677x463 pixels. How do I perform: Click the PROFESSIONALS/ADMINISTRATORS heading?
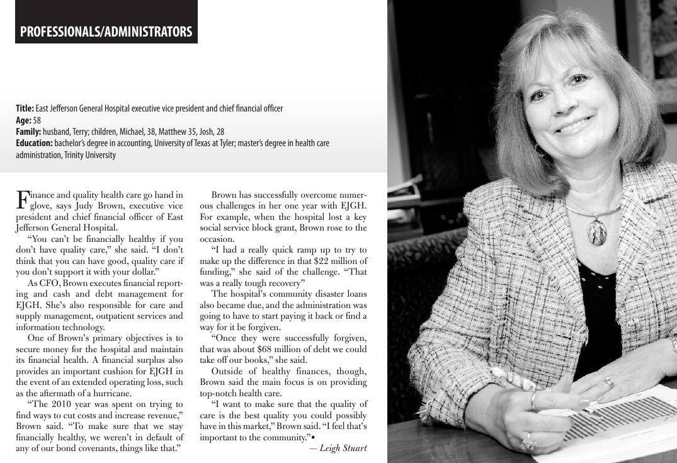[106, 31]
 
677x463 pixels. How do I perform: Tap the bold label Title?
[25, 108]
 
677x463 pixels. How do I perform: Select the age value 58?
[37, 120]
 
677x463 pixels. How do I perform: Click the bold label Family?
[28, 132]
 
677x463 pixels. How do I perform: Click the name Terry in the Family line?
[78, 132]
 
